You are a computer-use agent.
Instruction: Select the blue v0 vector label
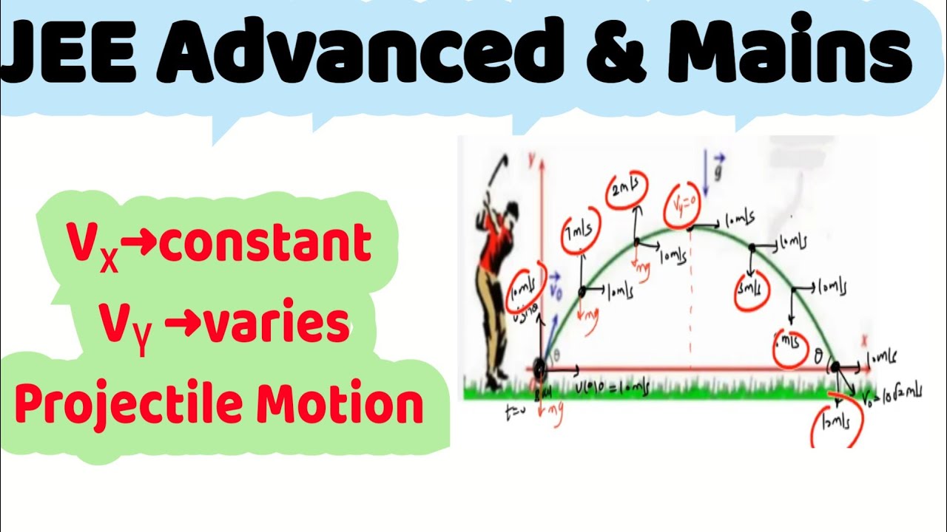[x=556, y=285]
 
